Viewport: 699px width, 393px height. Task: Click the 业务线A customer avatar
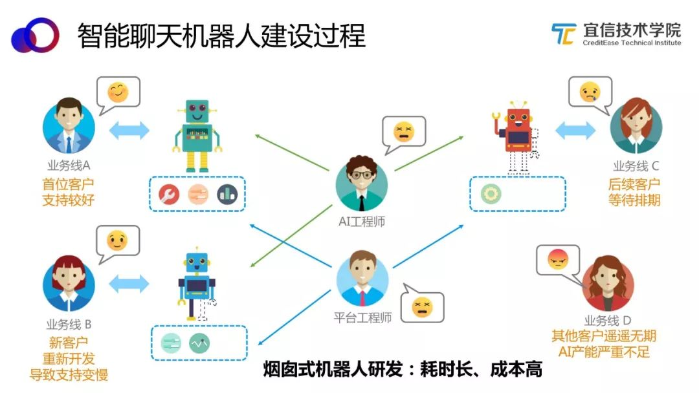69,125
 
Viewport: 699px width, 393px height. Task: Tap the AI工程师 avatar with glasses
362,184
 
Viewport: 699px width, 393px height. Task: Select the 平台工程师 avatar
362,278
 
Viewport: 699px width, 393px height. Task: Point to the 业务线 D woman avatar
607,283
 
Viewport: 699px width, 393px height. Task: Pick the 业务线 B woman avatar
69,283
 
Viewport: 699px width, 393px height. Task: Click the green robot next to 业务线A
197,136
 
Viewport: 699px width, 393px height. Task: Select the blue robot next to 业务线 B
197,283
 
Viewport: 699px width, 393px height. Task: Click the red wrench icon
169,195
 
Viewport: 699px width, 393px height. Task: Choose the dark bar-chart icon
227,195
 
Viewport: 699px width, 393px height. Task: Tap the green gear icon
491,194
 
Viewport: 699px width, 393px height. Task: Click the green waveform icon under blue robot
199,343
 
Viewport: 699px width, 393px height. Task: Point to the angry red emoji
558,259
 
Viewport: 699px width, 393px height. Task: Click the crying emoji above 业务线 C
590,92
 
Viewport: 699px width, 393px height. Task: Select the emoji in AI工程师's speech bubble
404,132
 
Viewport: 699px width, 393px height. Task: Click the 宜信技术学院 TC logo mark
564,34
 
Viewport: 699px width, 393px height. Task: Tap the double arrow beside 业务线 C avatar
575,131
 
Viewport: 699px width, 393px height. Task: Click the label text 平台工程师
362,317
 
